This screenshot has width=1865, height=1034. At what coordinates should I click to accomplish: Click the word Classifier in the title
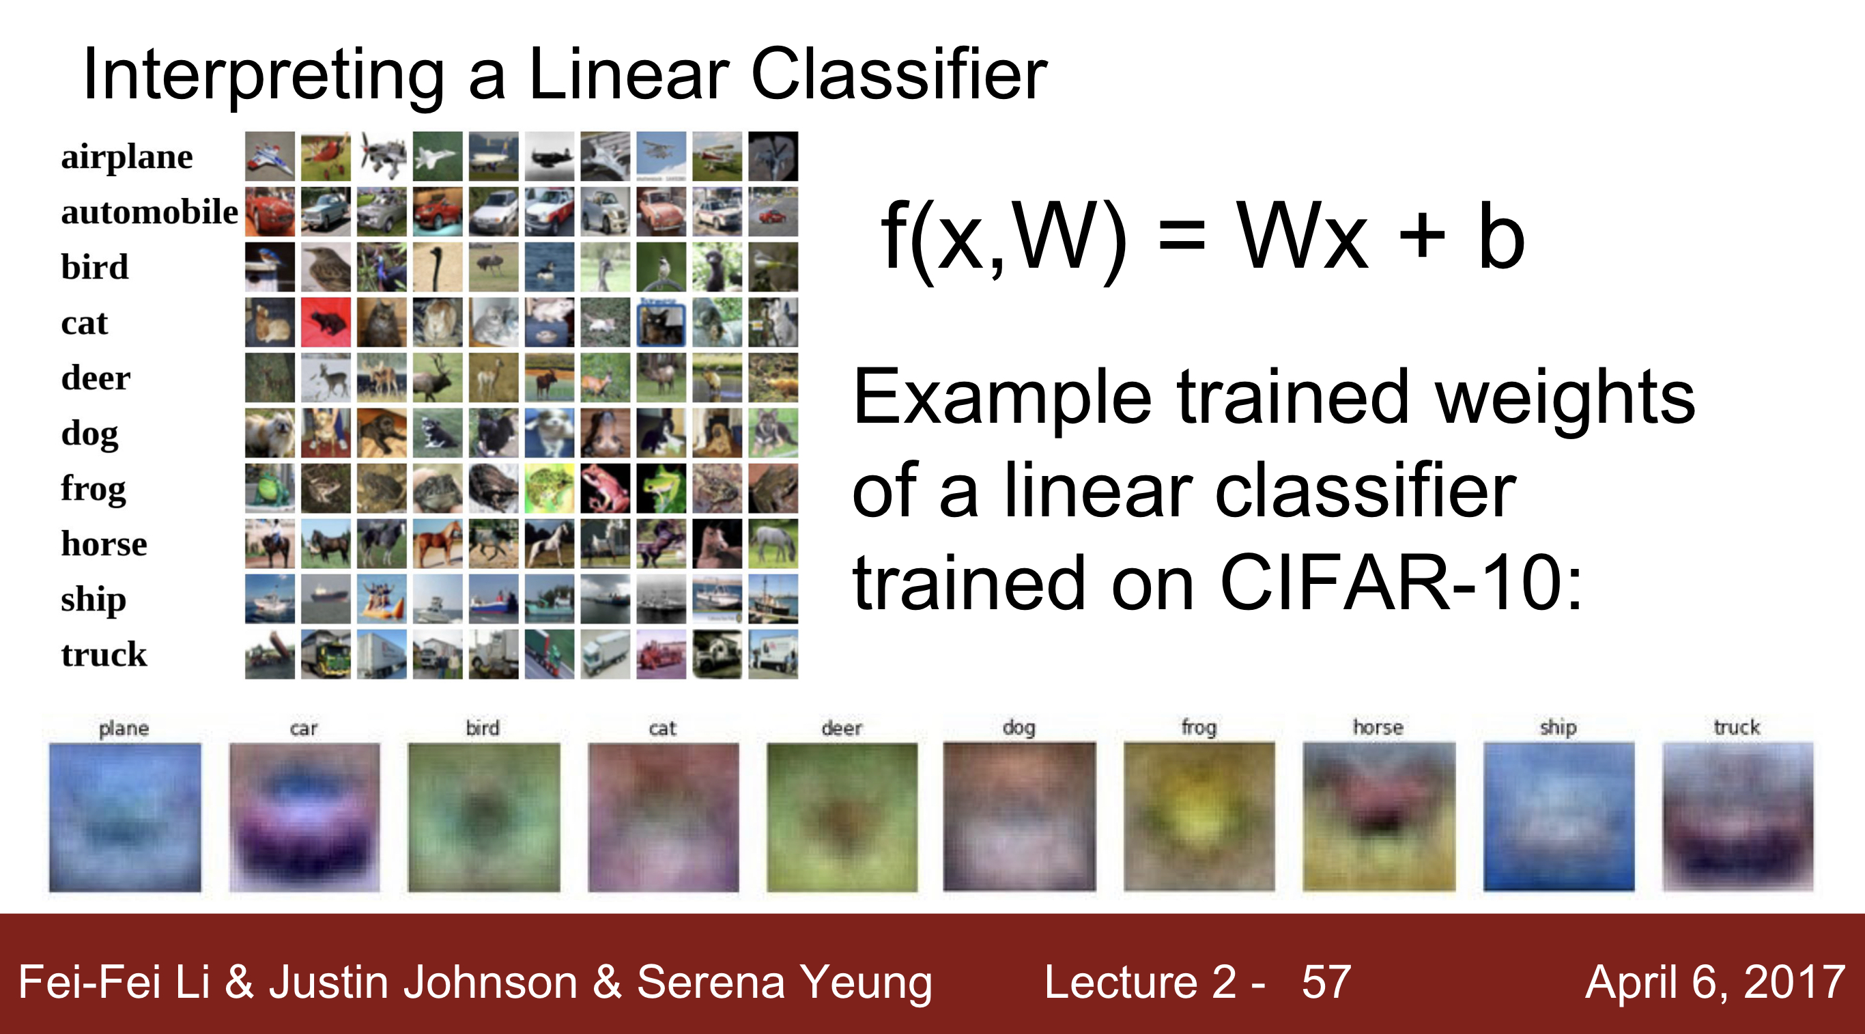pyautogui.click(x=899, y=74)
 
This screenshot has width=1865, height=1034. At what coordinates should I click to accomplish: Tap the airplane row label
pyautogui.click(x=127, y=156)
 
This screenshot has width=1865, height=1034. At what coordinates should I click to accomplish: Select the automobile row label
pyautogui.click(x=149, y=212)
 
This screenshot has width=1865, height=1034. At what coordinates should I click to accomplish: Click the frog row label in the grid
pyautogui.click(x=94, y=489)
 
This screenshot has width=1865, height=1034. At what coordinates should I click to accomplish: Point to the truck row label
pyautogui.click(x=104, y=654)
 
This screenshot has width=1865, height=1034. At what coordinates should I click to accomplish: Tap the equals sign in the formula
pyautogui.click(x=1182, y=238)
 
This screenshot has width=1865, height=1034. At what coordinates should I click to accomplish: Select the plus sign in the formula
pyautogui.click(x=1421, y=238)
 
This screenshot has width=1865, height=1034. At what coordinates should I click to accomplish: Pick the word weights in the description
pyautogui.click(x=1564, y=398)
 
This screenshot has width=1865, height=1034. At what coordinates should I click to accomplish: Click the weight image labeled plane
pyautogui.click(x=124, y=817)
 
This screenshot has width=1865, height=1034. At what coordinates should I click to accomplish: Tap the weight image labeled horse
pyautogui.click(x=1378, y=817)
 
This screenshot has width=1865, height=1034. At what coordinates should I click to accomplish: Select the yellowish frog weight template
pyautogui.click(x=1198, y=817)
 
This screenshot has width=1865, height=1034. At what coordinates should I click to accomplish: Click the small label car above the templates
pyautogui.click(x=303, y=729)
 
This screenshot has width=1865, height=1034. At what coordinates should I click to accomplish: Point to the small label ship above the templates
pyautogui.click(x=1557, y=727)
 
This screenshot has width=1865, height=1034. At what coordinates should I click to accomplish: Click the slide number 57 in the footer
pyautogui.click(x=1326, y=983)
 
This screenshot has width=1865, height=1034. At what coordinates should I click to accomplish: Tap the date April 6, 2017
pyautogui.click(x=1714, y=983)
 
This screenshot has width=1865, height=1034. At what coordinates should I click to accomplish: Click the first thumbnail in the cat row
pyautogui.click(x=270, y=322)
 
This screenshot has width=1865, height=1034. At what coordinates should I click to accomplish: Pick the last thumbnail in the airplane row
pyautogui.click(x=773, y=156)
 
